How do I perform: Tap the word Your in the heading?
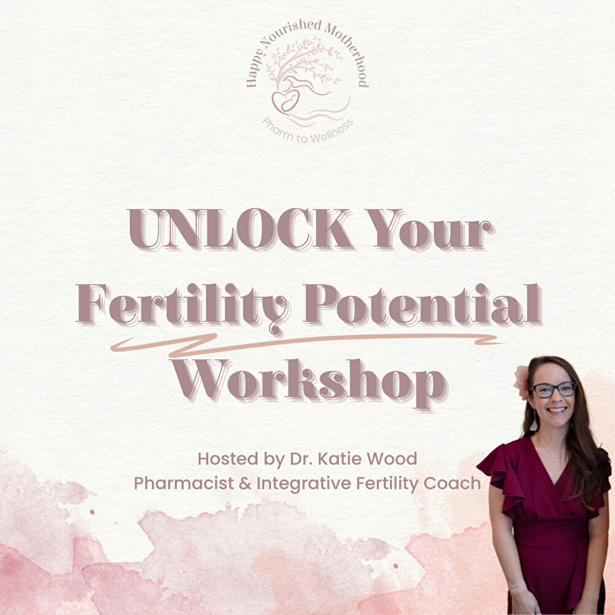[430, 229]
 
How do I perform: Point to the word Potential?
[424, 304]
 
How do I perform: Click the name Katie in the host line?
[339, 459]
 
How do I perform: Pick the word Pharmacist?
[184, 483]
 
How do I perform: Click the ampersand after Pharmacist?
[245, 483]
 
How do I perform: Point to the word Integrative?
[304, 483]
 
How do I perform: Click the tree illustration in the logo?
[303, 63]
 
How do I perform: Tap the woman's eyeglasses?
[553, 389]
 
